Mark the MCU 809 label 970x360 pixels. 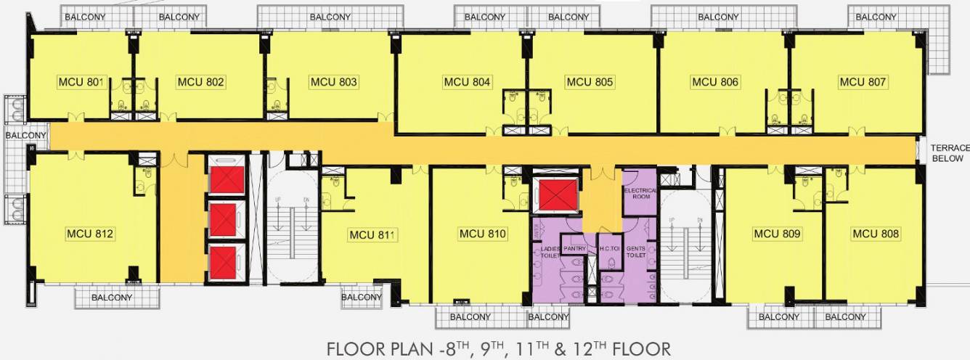click(x=777, y=234)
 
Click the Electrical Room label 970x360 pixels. click(x=640, y=193)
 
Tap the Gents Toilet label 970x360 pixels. click(x=636, y=252)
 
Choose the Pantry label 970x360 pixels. click(x=574, y=249)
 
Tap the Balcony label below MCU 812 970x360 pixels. click(x=112, y=298)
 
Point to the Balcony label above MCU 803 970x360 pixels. click(x=330, y=17)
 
